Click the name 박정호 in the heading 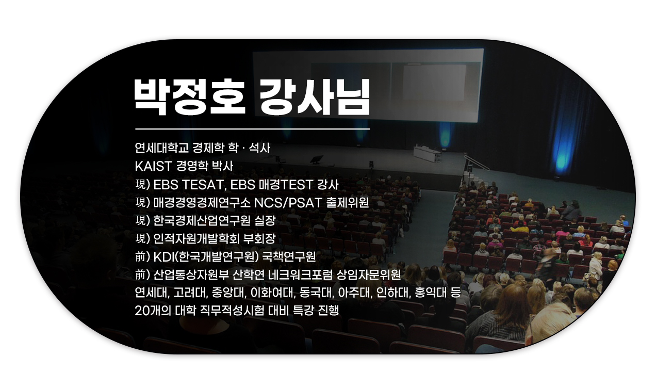(x=189, y=97)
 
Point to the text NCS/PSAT (x=288, y=203)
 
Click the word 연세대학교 (x=161, y=148)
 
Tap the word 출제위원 (x=347, y=203)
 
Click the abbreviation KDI (x=164, y=257)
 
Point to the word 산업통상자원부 (x=191, y=275)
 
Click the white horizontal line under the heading (x=252, y=128)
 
